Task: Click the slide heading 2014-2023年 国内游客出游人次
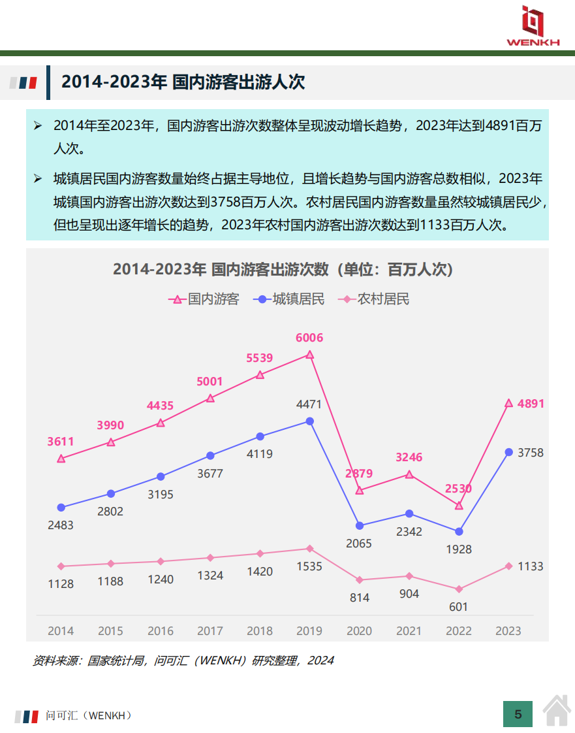(183, 82)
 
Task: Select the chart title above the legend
(283, 269)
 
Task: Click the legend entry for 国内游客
(204, 299)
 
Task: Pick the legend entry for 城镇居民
(290, 299)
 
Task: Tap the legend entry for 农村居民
(375, 299)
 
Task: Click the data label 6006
(309, 338)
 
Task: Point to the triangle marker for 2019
(310, 355)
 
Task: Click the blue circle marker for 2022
(459, 532)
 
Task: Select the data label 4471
(309, 404)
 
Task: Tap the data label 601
(459, 607)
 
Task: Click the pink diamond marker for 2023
(508, 566)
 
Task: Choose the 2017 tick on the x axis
(210, 631)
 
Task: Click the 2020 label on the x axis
(359, 631)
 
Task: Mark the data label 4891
(531, 404)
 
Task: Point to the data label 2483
(61, 525)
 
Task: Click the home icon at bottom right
(557, 711)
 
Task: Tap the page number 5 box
(518, 714)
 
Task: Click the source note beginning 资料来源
(183, 660)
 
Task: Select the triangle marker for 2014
(61, 459)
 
